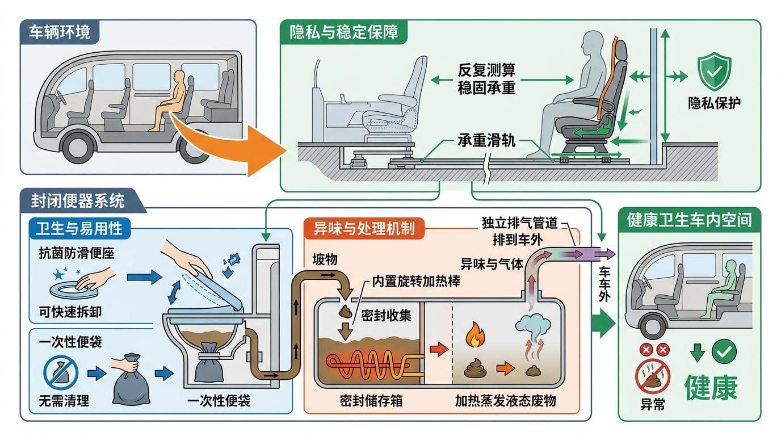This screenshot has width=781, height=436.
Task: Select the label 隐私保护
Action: point(714,104)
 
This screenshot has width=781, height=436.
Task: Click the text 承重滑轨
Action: point(486,141)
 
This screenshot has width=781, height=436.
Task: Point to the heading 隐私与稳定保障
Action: point(344,32)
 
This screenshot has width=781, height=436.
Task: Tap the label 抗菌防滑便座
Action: point(77,252)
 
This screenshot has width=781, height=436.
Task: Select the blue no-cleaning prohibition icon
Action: point(61,372)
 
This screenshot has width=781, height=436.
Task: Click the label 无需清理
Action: point(64,401)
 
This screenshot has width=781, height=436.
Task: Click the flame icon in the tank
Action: point(473,335)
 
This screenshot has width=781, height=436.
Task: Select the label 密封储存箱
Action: point(371,401)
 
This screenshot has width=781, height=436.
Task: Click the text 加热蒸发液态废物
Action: point(505,401)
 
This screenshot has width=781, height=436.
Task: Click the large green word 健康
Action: point(711,388)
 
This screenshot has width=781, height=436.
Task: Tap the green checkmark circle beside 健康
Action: point(724,352)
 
